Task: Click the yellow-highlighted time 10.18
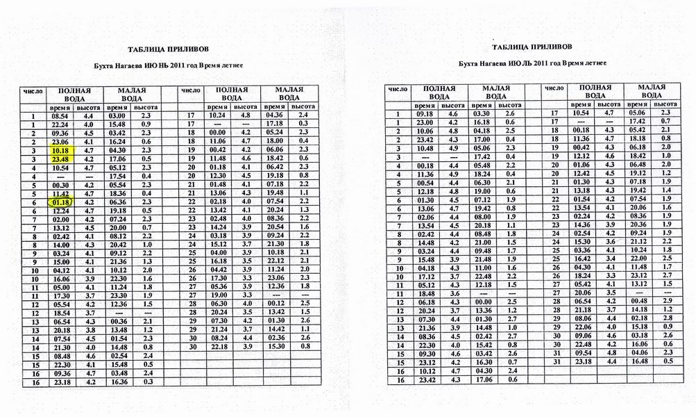(60, 149)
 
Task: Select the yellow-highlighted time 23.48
(60, 158)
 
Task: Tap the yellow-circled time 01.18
(60, 202)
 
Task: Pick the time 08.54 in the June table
(60, 115)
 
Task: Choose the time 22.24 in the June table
(60, 124)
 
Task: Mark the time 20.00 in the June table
(117, 227)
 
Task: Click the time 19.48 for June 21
(276, 193)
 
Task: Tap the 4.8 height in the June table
(245, 115)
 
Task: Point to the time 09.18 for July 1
(424, 113)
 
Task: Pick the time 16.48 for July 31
(638, 361)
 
